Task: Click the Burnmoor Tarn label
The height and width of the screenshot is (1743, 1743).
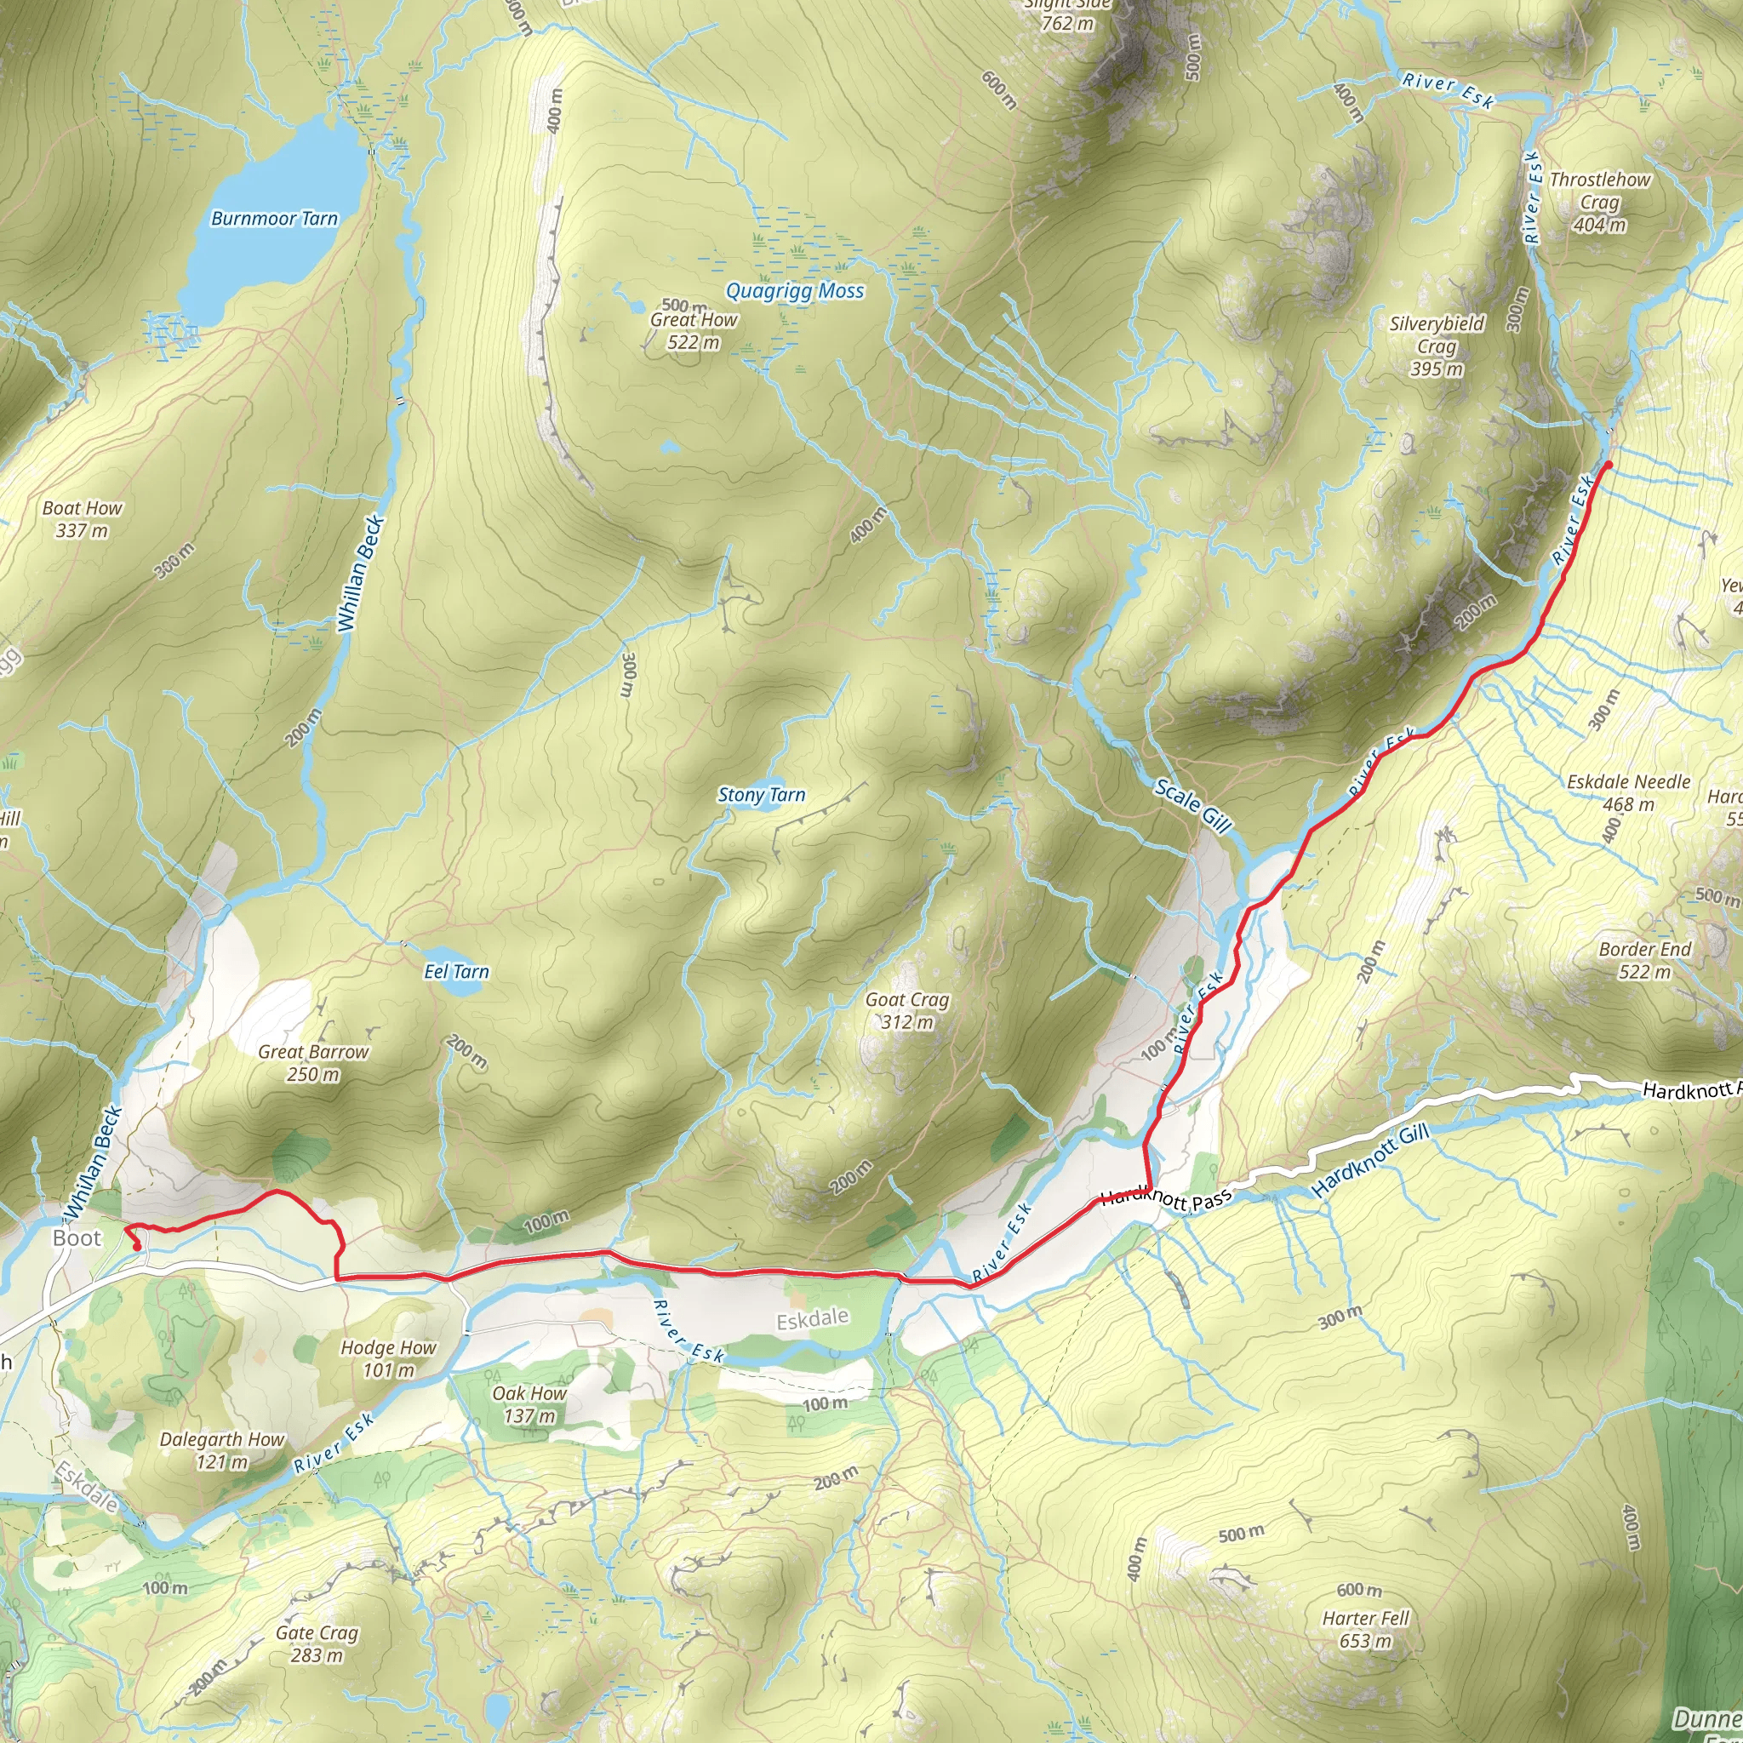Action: point(274,219)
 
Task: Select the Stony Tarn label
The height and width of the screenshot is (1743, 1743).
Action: point(762,795)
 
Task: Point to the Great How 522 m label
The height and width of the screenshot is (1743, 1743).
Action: point(694,331)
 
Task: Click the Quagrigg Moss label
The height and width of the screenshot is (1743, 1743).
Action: point(795,290)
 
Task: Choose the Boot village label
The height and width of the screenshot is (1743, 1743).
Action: point(77,1237)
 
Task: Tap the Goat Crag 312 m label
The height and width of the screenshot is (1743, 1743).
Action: point(906,1010)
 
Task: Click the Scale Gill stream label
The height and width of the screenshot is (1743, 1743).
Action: point(1193,806)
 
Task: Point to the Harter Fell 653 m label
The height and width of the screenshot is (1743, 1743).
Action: point(1365,1629)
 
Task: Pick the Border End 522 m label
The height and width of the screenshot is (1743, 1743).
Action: point(1644,960)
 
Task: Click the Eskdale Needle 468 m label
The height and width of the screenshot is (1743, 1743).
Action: point(1628,792)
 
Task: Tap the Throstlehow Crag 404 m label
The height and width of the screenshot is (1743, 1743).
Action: point(1599,202)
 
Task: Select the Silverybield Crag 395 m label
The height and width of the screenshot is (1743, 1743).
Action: point(1437,346)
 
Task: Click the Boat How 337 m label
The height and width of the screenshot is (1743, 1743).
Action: point(82,519)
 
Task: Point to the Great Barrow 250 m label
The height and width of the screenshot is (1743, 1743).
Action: point(313,1063)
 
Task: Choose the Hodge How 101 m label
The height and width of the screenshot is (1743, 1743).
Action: point(388,1358)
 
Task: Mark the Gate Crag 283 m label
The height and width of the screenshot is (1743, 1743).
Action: point(317,1643)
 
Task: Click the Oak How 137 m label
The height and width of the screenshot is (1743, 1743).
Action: point(529,1404)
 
